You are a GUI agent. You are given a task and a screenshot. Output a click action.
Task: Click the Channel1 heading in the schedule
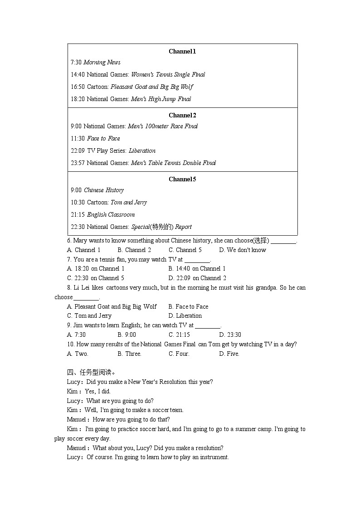tap(182, 52)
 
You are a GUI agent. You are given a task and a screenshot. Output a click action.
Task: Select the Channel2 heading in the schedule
tap(182, 116)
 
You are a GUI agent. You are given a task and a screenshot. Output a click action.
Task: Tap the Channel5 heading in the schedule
tap(182, 179)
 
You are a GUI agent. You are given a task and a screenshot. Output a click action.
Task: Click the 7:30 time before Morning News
tap(76, 63)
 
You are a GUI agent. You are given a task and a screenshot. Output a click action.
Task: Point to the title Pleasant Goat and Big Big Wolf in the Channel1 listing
tap(152, 87)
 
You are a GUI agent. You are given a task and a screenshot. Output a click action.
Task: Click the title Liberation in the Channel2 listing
tap(142, 151)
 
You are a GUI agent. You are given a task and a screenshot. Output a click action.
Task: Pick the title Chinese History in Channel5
tap(104, 190)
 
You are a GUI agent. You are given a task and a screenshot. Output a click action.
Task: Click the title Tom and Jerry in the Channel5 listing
tap(129, 203)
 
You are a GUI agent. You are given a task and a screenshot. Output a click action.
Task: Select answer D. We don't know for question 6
tap(243, 250)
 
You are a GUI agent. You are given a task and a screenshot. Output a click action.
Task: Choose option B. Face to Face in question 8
tap(188, 307)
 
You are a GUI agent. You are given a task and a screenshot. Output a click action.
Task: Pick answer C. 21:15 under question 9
tap(179, 335)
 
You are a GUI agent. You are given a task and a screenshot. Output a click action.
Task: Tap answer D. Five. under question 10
tap(229, 354)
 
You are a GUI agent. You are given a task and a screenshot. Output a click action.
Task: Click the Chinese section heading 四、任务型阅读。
tap(88, 373)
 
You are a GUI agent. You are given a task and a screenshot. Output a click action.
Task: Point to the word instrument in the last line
tap(213, 457)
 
